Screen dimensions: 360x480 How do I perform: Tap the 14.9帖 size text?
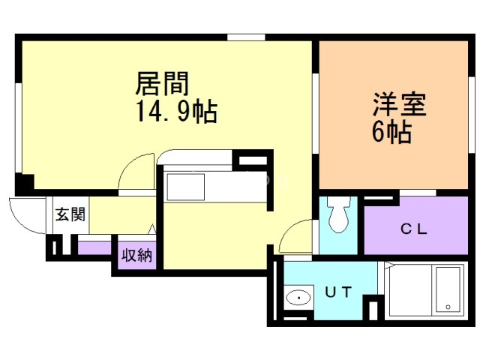point(176,112)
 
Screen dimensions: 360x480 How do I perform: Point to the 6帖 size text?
point(390,133)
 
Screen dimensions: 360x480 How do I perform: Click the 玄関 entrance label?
point(69,214)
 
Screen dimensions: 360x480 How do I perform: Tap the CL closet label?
point(413,229)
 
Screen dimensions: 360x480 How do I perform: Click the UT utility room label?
point(337,293)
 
